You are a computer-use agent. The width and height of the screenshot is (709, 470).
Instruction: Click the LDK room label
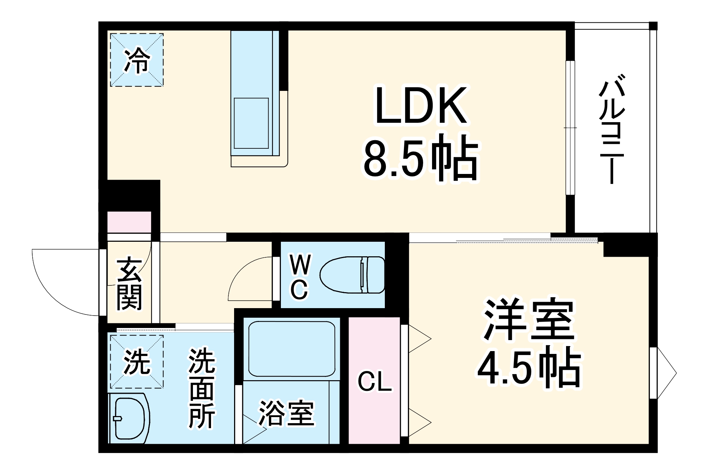(421, 106)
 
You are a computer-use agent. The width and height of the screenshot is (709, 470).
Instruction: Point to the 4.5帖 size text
(529, 367)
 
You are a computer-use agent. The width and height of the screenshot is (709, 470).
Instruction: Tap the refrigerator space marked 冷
(137, 60)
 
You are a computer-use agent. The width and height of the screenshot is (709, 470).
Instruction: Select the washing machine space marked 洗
(137, 362)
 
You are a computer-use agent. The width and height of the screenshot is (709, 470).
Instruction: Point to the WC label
(300, 277)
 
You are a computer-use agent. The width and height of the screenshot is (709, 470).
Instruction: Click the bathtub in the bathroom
(292, 349)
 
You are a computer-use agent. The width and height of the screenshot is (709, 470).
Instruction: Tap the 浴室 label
(287, 413)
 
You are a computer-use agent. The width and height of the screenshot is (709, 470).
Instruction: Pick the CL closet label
(375, 382)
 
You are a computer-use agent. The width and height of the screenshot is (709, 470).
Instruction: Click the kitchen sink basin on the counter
(251, 123)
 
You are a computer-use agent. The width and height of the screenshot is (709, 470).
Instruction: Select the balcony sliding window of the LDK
(570, 128)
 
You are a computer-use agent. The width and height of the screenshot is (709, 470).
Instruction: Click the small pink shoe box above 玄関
(129, 222)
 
